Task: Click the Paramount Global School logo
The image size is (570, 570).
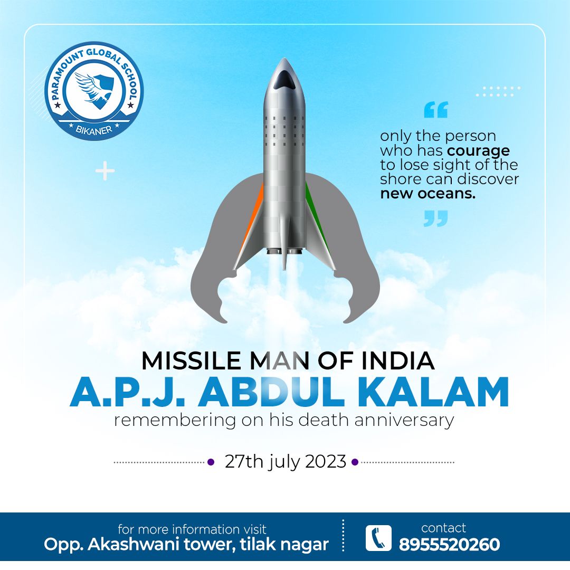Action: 94,91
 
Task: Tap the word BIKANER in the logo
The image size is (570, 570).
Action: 94,129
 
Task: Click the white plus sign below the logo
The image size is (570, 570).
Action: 105,170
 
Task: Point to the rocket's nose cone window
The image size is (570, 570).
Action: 284,79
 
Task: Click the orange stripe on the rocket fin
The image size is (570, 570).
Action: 252,214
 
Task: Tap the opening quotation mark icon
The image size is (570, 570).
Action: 436,110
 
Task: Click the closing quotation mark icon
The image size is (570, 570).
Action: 436,218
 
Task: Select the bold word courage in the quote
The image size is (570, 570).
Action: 478,151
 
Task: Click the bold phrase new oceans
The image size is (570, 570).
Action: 428,193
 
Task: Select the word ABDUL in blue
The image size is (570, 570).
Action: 271,392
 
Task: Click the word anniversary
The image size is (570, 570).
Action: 404,421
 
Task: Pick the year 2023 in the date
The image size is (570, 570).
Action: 325,462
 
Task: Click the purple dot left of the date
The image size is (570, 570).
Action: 211,462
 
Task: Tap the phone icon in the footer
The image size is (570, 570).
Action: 378,538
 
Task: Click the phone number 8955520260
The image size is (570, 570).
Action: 449,545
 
